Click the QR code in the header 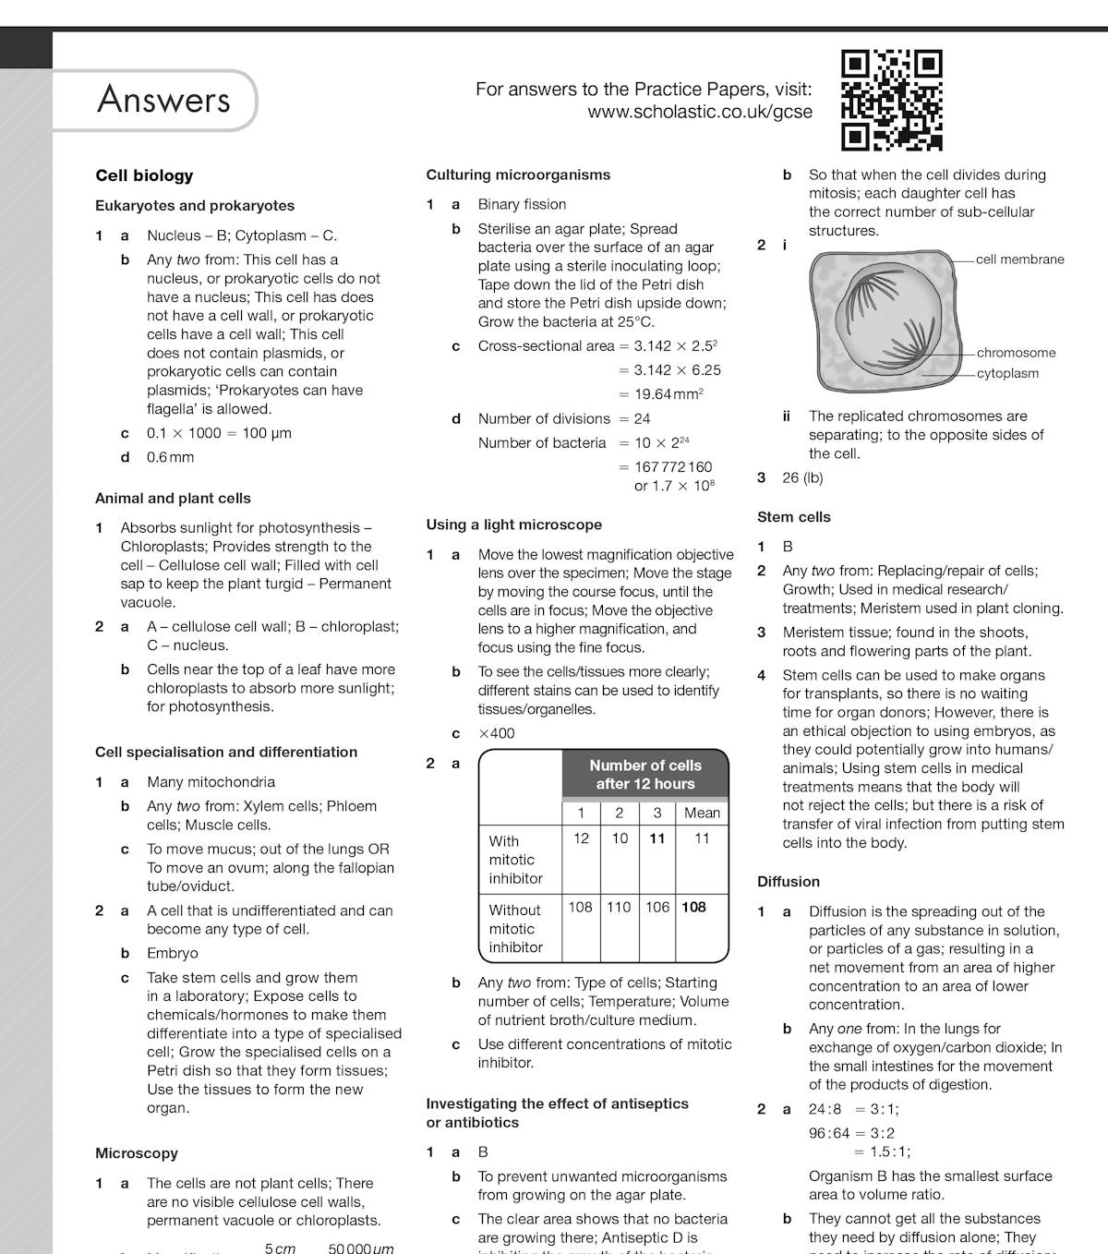[891, 100]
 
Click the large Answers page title [163, 100]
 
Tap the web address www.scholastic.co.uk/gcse [700, 113]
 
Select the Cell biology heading [144, 175]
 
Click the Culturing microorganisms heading [518, 175]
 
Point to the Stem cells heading [793, 517]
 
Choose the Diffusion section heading [788, 882]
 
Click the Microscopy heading [137, 1153]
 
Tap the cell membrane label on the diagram [1019, 259]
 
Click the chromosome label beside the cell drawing [1016, 353]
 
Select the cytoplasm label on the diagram [1007, 373]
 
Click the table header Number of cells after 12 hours [644, 775]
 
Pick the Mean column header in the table [702, 813]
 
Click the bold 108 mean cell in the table [693, 907]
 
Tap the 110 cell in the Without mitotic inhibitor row [619, 907]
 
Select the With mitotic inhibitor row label [515, 860]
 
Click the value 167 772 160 [673, 467]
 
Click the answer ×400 [497, 733]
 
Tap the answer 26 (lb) [802, 477]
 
